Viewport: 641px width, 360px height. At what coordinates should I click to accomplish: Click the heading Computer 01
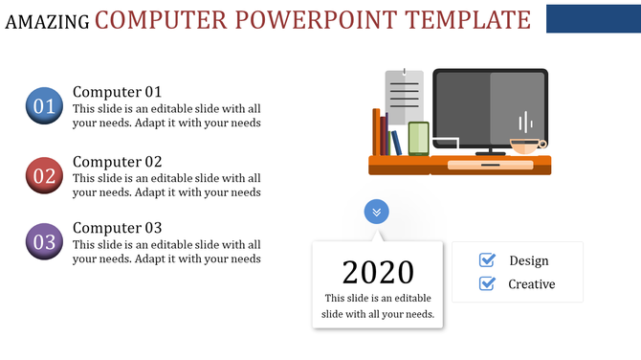coord(117,92)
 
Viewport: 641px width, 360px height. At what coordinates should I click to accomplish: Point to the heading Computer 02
coord(117,161)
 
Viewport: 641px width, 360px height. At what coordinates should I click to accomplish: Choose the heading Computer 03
coord(117,228)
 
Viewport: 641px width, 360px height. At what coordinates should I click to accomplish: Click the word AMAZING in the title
coord(47,21)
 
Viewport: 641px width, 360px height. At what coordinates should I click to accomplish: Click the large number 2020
coord(378,272)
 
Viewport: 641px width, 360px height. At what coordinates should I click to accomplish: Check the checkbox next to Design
coord(487,260)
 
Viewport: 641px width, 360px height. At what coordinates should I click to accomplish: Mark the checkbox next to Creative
coord(487,283)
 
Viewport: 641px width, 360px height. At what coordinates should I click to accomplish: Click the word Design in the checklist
coord(529,260)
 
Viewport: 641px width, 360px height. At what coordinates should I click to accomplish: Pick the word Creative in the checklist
coord(531,283)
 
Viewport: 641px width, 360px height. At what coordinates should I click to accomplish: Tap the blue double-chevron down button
coord(377,212)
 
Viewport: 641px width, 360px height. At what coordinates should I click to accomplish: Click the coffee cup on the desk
coord(526,146)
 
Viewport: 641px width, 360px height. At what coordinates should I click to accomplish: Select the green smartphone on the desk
coord(418,139)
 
